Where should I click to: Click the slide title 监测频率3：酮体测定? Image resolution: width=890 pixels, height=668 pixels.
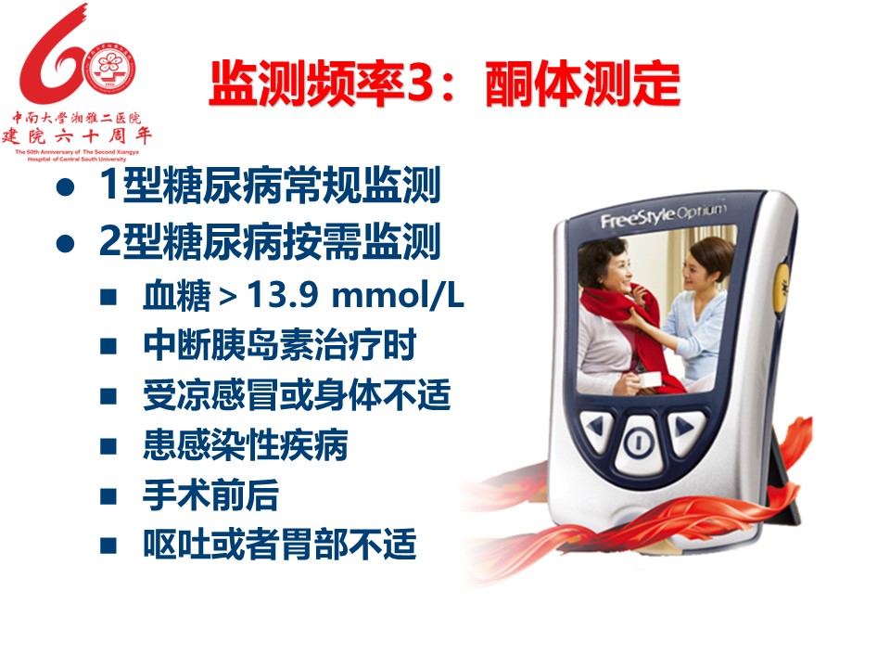coord(445,83)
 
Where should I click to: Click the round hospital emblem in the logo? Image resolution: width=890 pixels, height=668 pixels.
coord(110,70)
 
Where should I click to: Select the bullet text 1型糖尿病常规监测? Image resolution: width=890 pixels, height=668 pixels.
coord(270,186)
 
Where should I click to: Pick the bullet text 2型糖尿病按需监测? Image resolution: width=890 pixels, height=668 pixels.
coord(270,241)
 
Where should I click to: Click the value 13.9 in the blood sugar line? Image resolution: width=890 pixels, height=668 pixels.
coord(283,295)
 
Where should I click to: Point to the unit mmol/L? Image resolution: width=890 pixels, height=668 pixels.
coord(398,295)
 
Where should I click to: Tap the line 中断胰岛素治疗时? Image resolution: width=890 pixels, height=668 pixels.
coord(280,345)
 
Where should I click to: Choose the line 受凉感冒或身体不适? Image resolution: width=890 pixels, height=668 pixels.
coord(297,395)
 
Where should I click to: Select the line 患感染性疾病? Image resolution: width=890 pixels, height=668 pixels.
coord(246,444)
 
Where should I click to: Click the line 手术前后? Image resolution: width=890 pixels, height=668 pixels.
coord(211,495)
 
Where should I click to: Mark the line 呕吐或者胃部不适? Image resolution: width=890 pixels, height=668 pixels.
coord(280,545)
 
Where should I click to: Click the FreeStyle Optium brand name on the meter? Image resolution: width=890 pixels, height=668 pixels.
coord(663,214)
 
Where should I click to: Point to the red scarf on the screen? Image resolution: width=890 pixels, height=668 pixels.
coord(620,335)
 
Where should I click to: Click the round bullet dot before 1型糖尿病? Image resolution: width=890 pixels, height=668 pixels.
coord(65,186)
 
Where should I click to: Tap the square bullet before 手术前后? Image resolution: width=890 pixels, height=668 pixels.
coord(108,495)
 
